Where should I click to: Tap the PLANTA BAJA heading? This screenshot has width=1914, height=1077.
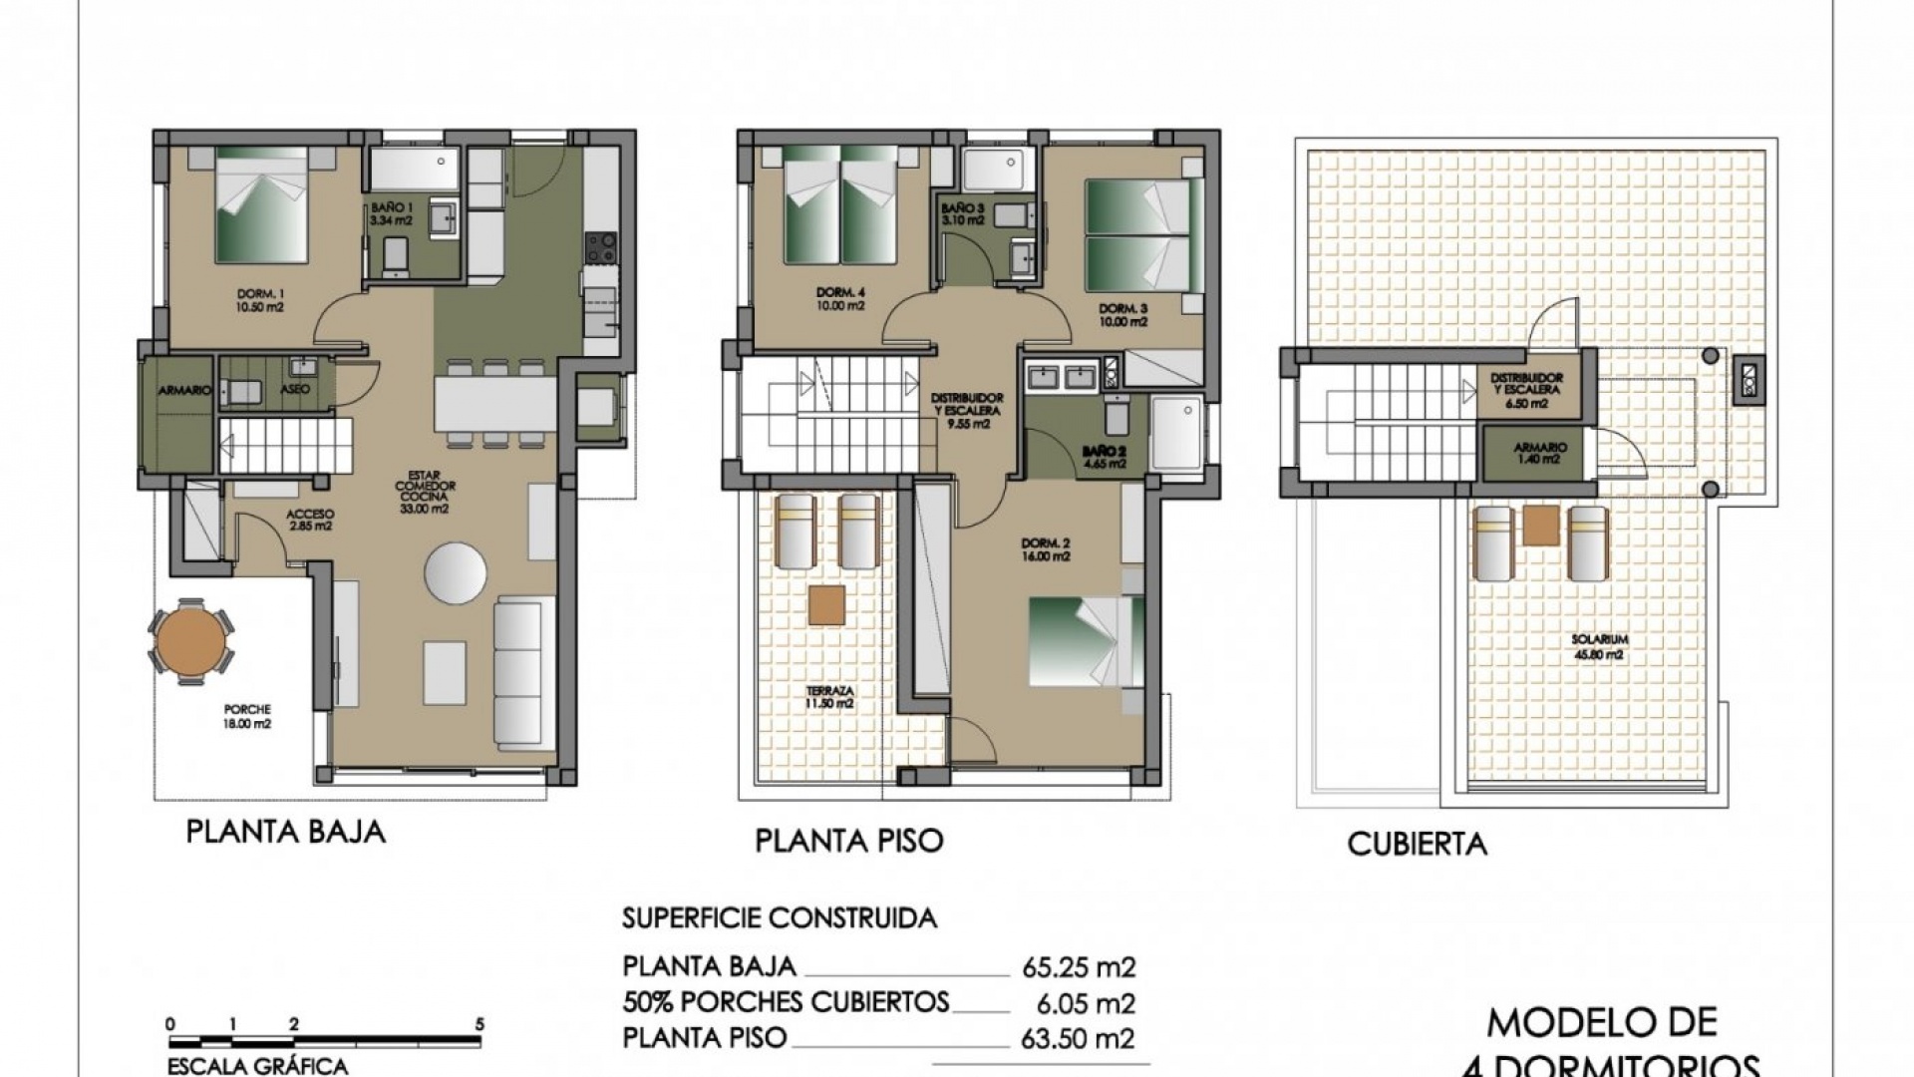point(286,833)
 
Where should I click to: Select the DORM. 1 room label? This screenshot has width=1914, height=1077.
point(260,300)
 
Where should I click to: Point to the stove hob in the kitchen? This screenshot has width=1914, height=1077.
point(600,247)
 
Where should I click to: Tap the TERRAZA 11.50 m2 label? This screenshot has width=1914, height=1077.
point(829,696)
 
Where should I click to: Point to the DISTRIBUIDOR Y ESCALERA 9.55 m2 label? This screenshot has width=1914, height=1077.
point(966,410)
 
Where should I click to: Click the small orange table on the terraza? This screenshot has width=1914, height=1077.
point(826,605)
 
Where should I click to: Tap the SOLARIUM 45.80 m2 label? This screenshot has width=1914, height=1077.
point(1599,646)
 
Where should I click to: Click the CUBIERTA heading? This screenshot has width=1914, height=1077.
point(1417,845)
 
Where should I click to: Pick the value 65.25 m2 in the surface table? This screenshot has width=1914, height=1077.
point(1079,966)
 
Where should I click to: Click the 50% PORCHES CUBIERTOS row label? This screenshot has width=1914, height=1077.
point(786,1002)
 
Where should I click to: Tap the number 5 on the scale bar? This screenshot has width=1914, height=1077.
point(480,1052)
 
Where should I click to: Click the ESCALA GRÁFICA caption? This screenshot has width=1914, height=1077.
point(257,1067)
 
